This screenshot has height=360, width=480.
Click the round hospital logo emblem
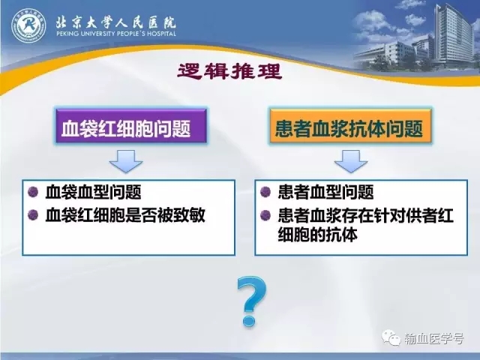tap(28, 25)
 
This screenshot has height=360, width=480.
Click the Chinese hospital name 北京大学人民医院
tap(116, 22)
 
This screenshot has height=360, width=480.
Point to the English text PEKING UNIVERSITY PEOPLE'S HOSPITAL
tap(116, 33)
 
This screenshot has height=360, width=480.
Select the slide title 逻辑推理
tap(229, 72)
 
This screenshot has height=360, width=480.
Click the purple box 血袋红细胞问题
tap(131, 126)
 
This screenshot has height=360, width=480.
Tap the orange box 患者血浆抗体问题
tap(350, 126)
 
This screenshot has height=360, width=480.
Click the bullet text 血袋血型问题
tap(93, 192)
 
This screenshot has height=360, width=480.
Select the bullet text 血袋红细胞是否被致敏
tap(125, 215)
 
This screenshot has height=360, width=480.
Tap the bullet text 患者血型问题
tap(325, 192)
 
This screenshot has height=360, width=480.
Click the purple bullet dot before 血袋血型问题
tap(33, 192)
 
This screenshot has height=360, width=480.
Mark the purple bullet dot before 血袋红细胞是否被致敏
tap(33, 215)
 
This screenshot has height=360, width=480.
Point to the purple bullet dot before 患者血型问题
tap(265, 192)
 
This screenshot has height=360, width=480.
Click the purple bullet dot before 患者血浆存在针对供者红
tap(265, 215)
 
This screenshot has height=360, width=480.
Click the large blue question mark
tap(252, 301)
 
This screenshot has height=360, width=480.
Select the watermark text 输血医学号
tap(434, 338)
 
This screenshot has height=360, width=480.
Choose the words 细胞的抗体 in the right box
tap(317, 235)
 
